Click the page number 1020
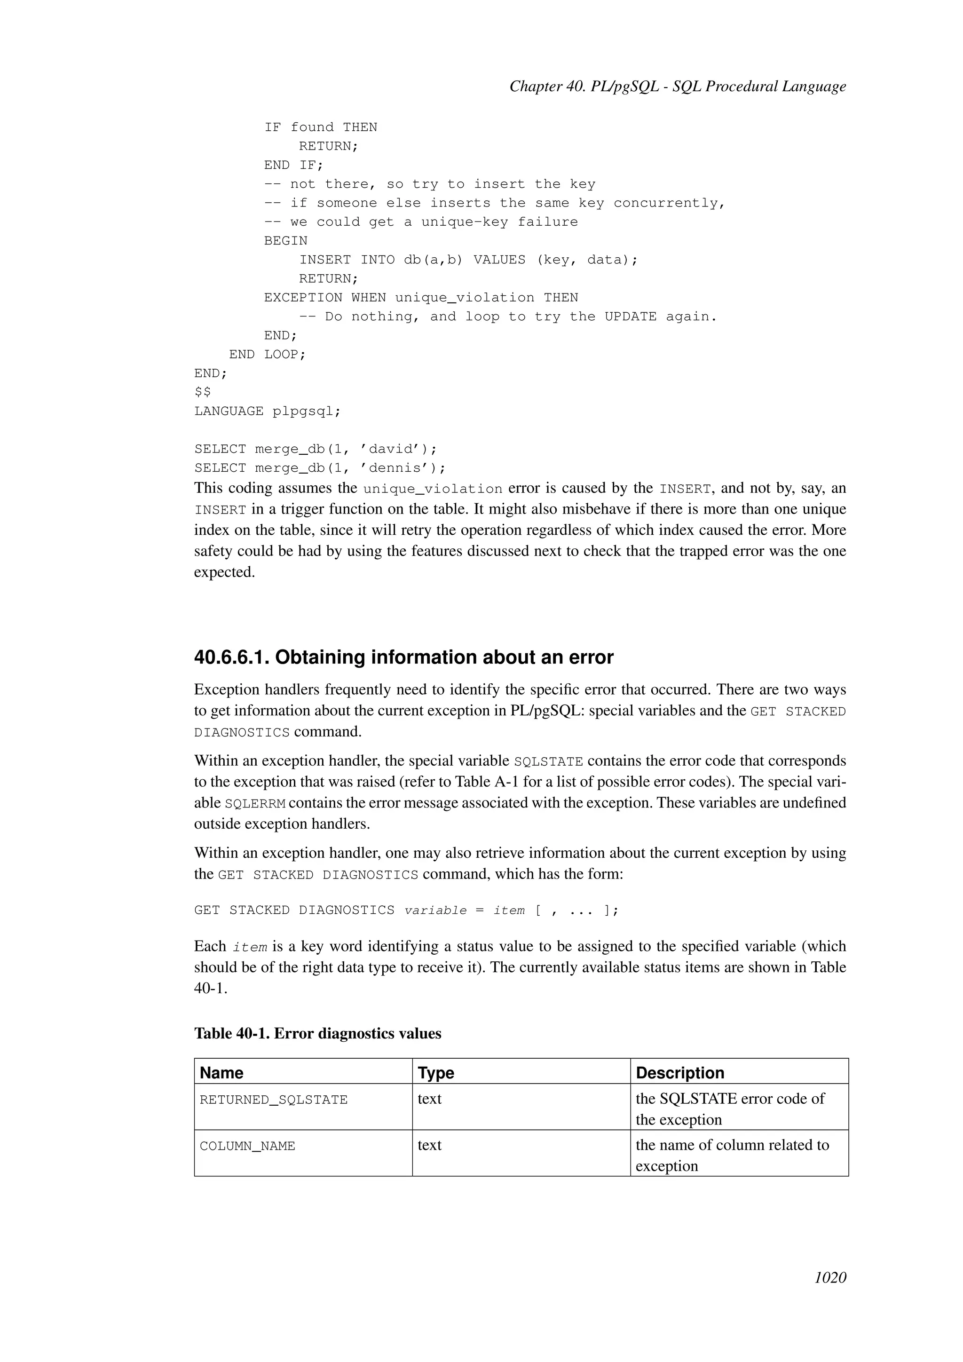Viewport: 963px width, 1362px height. click(830, 1277)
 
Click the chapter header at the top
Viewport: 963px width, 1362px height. click(677, 87)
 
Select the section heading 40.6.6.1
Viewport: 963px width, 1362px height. click(403, 657)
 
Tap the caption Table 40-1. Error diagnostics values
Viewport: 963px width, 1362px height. click(317, 1033)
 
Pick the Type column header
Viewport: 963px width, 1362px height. click(435, 1072)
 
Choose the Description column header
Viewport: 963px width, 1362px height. click(679, 1072)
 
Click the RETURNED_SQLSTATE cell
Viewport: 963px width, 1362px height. click(273, 1100)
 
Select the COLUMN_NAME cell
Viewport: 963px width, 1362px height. click(247, 1146)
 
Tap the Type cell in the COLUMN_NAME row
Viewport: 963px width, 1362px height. click(429, 1145)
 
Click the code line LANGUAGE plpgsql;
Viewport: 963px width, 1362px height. click(268, 411)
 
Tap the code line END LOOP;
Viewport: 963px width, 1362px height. click(268, 354)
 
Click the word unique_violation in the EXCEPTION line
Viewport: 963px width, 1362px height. click(464, 298)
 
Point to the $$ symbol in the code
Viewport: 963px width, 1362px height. click(202, 392)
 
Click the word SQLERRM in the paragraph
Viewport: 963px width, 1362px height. click(255, 804)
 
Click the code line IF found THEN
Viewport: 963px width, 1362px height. click(320, 127)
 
